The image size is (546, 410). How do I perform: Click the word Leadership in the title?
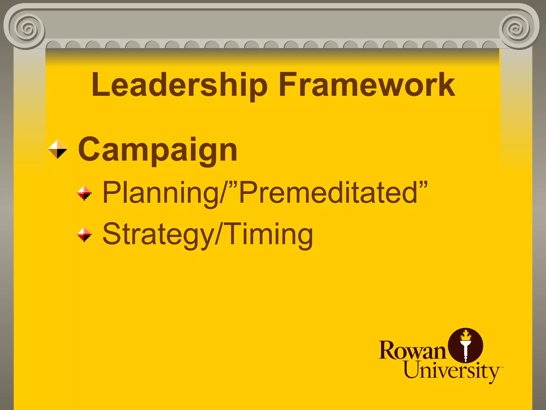tap(179, 85)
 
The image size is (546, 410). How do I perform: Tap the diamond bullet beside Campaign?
tap(58, 149)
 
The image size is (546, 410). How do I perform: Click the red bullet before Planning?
tap(84, 193)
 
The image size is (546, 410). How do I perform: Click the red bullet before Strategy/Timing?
tap(84, 234)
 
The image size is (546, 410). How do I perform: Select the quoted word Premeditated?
tap(328, 192)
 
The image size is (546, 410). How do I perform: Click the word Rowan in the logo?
tap(412, 350)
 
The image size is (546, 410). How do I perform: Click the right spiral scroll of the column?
tap(517, 29)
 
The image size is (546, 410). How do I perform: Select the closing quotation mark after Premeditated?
tap(423, 184)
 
